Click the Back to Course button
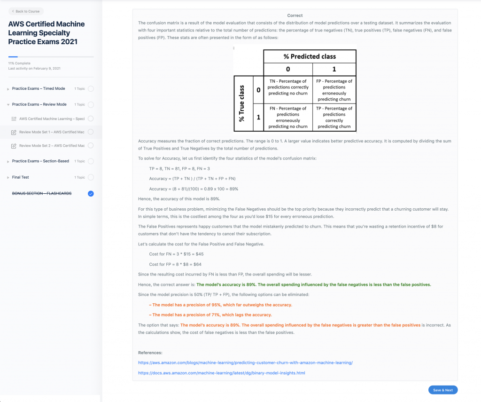(x=26, y=11)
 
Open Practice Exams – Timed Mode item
(x=39, y=88)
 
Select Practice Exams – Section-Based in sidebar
(x=40, y=161)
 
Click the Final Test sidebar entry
(x=20, y=177)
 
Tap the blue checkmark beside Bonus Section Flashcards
(x=91, y=193)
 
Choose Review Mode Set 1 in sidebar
(x=52, y=132)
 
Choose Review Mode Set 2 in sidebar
(x=52, y=146)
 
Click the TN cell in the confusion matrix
(x=288, y=87)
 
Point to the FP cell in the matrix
(x=334, y=90)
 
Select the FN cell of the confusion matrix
(x=288, y=118)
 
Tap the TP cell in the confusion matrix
(x=334, y=118)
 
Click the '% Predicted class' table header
(x=310, y=56)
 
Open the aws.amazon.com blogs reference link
(x=245, y=363)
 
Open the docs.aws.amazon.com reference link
(x=221, y=373)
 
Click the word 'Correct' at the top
(x=295, y=16)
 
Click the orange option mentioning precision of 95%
(x=220, y=305)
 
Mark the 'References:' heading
(x=150, y=352)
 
